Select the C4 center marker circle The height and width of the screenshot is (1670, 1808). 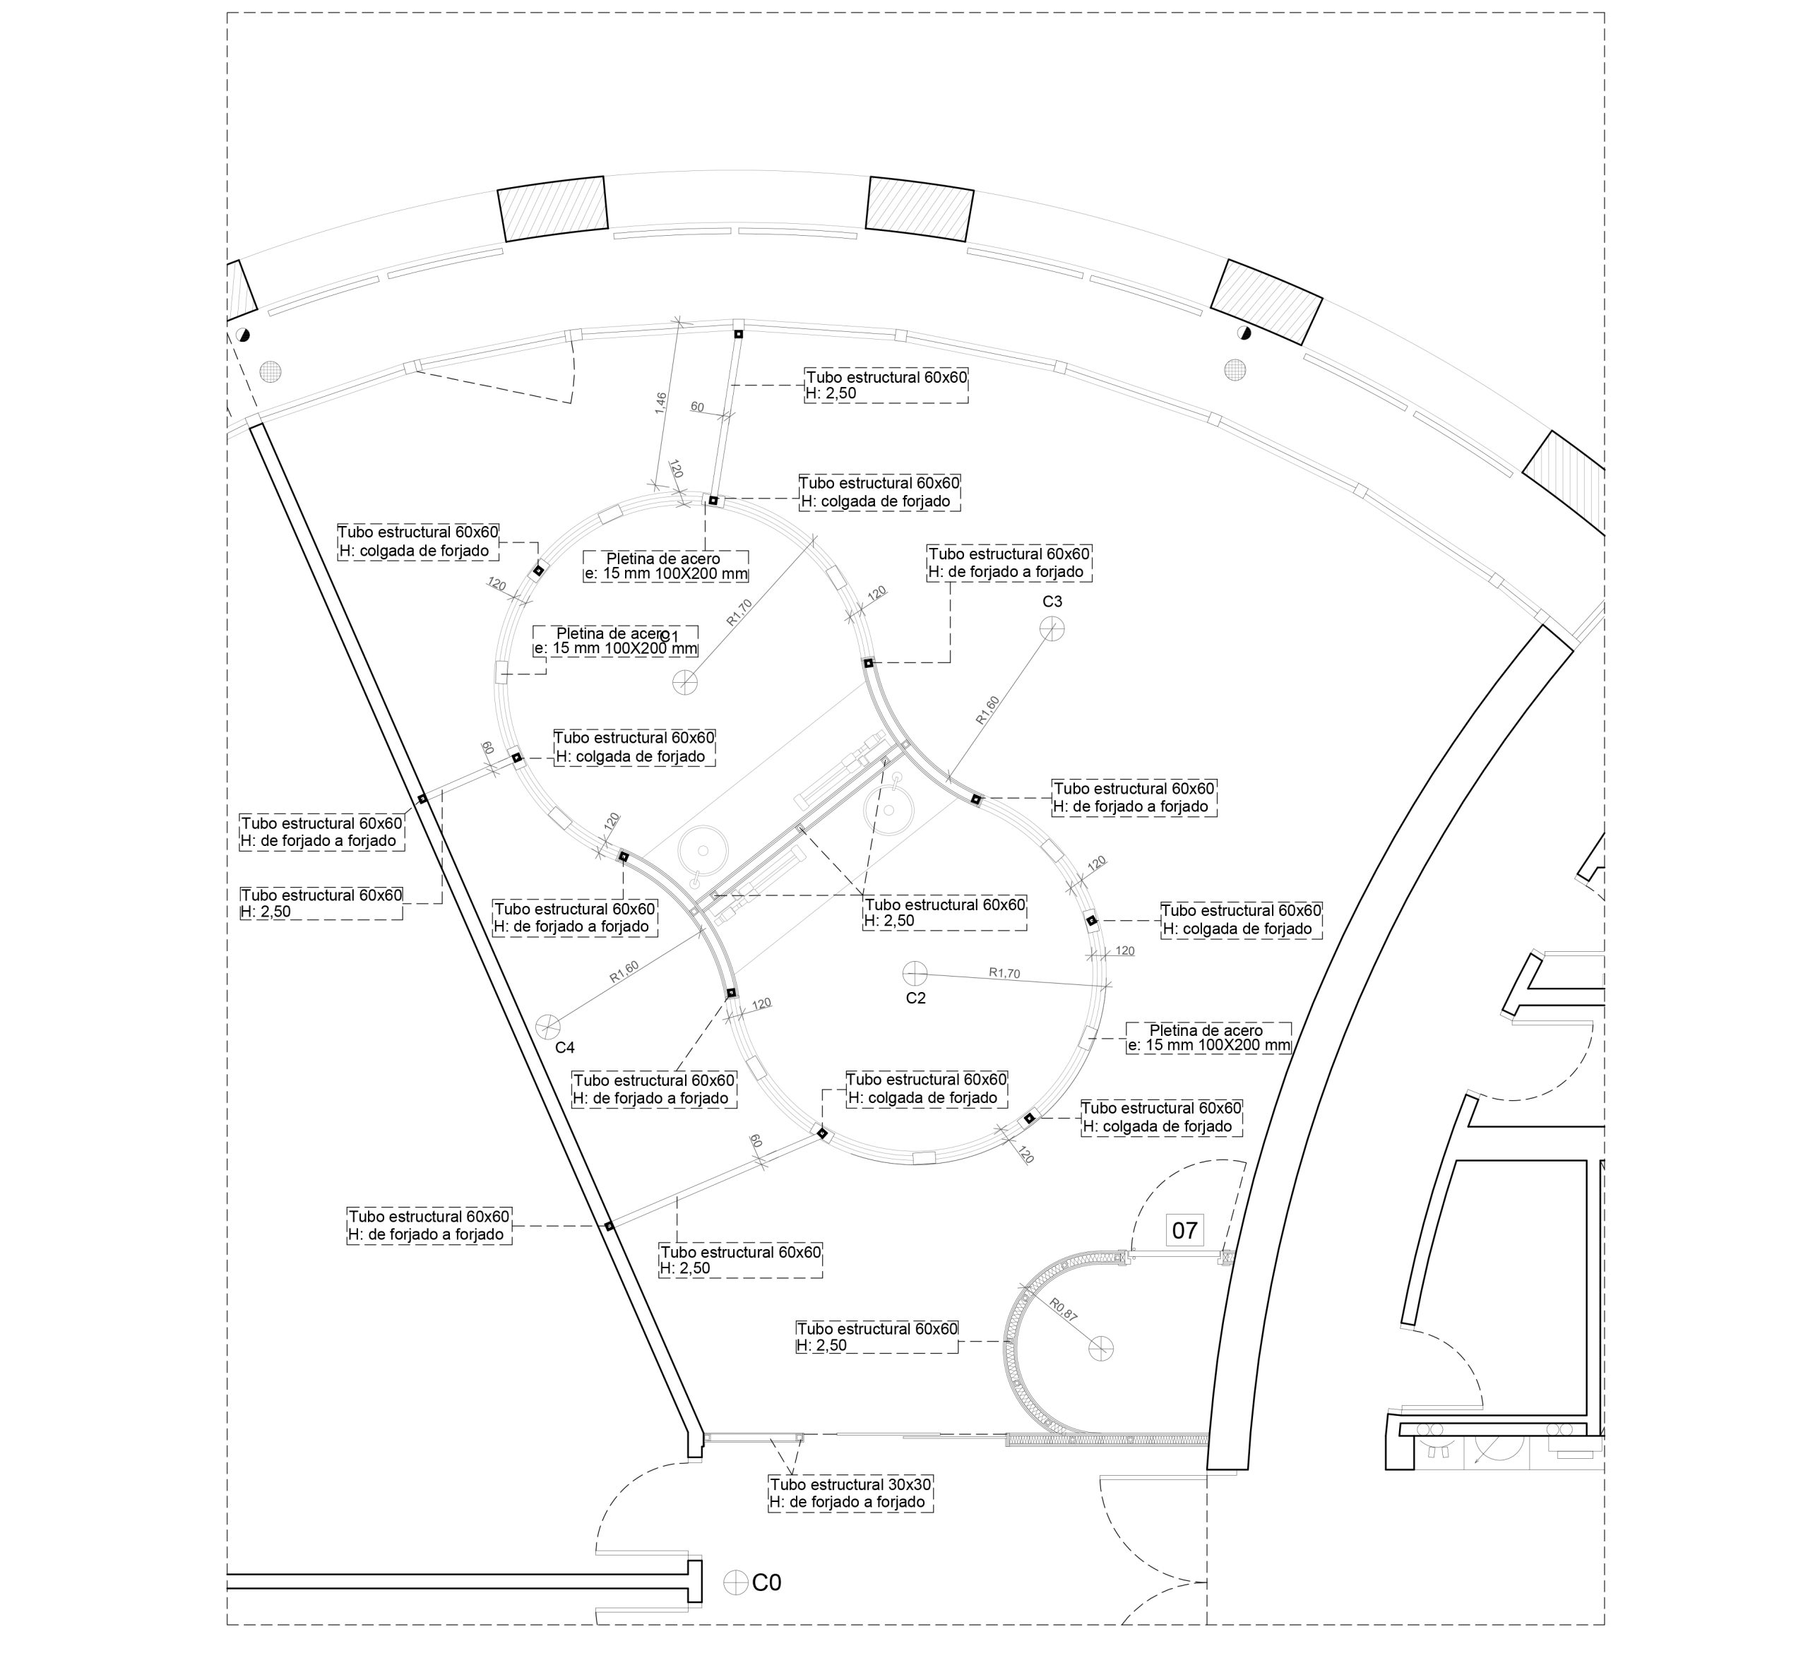(x=547, y=1026)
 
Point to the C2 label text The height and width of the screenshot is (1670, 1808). (x=916, y=998)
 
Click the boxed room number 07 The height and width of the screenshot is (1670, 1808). (x=1184, y=1230)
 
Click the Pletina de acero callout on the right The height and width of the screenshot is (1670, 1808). (x=1208, y=1037)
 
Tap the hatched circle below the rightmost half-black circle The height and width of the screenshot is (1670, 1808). (x=1235, y=369)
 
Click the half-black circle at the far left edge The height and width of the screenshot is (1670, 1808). (x=242, y=335)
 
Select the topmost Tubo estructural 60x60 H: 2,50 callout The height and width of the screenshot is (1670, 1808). (x=886, y=385)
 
